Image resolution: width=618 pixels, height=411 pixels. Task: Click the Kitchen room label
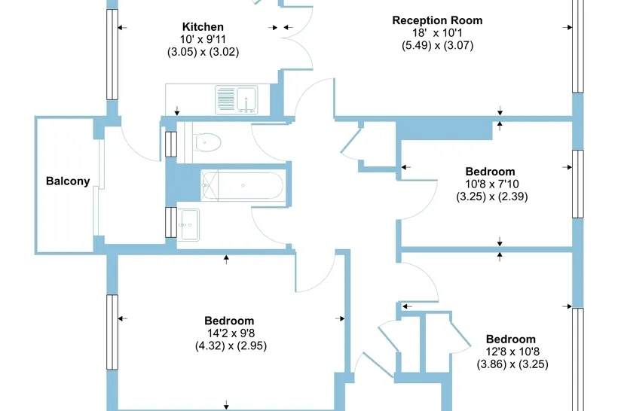coord(203,27)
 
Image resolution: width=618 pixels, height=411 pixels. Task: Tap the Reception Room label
coord(437,20)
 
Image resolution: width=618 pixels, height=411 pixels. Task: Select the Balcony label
coord(68,181)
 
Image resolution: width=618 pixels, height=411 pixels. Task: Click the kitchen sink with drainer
coord(237,100)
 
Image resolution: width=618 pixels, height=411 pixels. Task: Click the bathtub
coord(241,185)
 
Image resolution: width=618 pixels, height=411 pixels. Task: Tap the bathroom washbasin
coord(188,225)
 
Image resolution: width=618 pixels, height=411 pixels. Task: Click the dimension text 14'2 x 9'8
coord(231,333)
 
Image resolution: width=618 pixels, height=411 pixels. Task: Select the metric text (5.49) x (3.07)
coord(437,45)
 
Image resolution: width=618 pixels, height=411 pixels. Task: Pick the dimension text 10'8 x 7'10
coord(492,184)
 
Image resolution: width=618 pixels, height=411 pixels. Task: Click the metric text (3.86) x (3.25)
coord(512,364)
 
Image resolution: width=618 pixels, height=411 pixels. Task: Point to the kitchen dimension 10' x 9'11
coord(203,39)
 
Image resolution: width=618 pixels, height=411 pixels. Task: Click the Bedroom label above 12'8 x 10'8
coord(511,339)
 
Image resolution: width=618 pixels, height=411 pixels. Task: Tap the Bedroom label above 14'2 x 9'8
coord(229,321)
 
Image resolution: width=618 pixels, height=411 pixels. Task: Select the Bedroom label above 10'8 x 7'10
coord(491,172)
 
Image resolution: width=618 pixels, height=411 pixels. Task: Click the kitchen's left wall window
coord(112,54)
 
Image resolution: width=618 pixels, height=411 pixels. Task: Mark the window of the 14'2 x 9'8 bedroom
coord(112,332)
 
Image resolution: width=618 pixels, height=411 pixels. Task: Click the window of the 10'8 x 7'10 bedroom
coord(578,184)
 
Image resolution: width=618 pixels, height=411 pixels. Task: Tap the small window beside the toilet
coord(171,145)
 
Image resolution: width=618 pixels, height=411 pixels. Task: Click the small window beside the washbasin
coord(171,222)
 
